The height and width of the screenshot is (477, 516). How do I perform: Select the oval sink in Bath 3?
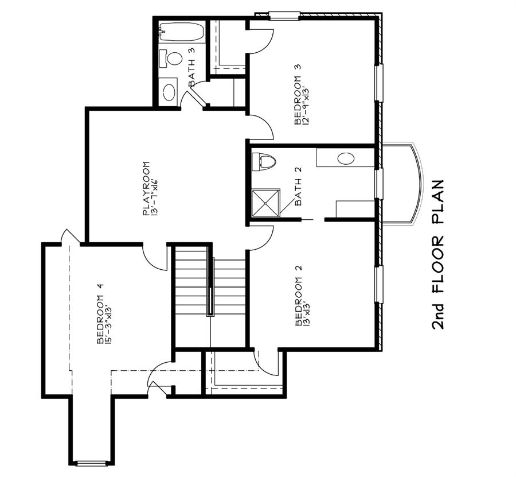169,92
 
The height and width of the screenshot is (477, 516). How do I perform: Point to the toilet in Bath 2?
264,161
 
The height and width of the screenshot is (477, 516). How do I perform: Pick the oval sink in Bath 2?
346,158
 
